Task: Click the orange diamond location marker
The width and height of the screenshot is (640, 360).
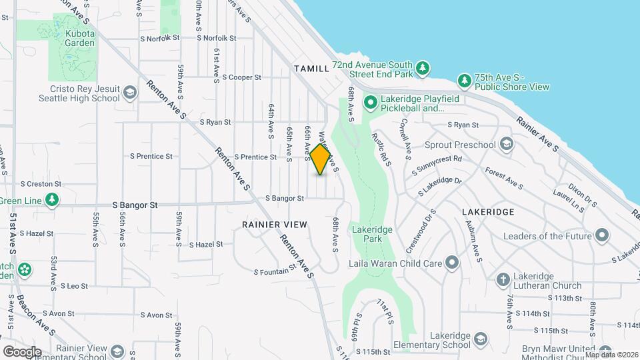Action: [321, 160]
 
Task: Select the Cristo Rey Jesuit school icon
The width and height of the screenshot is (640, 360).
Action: [129, 92]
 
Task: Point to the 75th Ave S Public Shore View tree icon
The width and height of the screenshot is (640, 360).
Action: [465, 81]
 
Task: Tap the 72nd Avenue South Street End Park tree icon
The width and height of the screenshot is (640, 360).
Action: [422, 68]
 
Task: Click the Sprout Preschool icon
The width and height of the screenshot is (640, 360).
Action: [506, 145]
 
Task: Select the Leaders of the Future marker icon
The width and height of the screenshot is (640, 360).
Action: [602, 235]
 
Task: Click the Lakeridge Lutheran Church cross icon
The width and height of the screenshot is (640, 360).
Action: [503, 278]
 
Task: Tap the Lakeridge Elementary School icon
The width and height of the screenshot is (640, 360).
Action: [479, 341]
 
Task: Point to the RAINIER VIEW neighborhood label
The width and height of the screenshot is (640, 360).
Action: [275, 225]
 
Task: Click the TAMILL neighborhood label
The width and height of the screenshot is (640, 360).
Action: [311, 69]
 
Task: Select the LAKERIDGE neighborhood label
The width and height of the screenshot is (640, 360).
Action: [487, 212]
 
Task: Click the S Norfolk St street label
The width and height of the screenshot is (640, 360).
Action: [160, 38]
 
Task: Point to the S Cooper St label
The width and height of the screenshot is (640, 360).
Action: [241, 77]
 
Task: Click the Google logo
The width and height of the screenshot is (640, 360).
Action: [22, 351]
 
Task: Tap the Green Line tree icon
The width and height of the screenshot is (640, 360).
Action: [51, 200]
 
